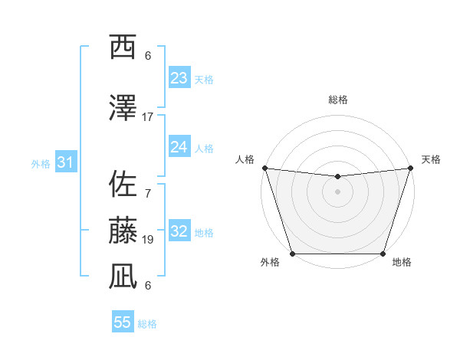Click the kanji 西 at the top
pos(123,47)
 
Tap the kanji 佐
pos(123,184)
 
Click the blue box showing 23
pos(179,78)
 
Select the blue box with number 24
pos(179,147)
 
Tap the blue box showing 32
pos(179,231)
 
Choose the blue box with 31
pos(66,162)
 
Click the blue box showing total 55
pos(123,322)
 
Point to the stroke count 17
pos(148,117)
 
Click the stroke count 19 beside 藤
pos(148,240)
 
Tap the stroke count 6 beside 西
pos(148,56)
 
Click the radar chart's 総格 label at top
pos(337,100)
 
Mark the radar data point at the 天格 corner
pos(410,168)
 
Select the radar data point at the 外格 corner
pos(292,254)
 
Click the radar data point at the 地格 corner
pos(383,254)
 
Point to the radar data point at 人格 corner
pos(264,168)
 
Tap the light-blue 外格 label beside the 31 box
pos(41,163)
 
